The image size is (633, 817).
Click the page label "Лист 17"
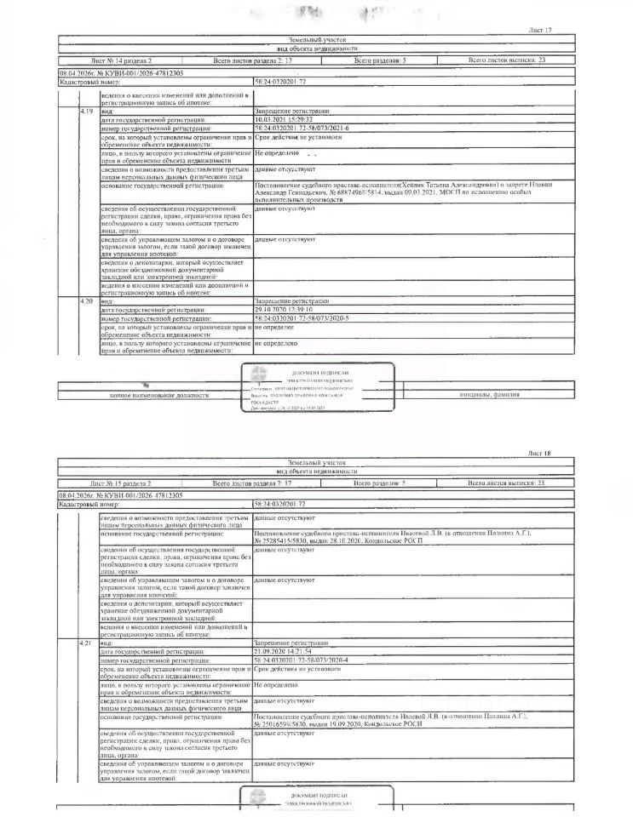[540, 31]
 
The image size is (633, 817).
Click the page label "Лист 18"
[540, 454]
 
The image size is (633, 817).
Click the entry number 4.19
[85, 111]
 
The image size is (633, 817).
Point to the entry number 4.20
[85, 301]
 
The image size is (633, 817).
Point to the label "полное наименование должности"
[158, 396]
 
